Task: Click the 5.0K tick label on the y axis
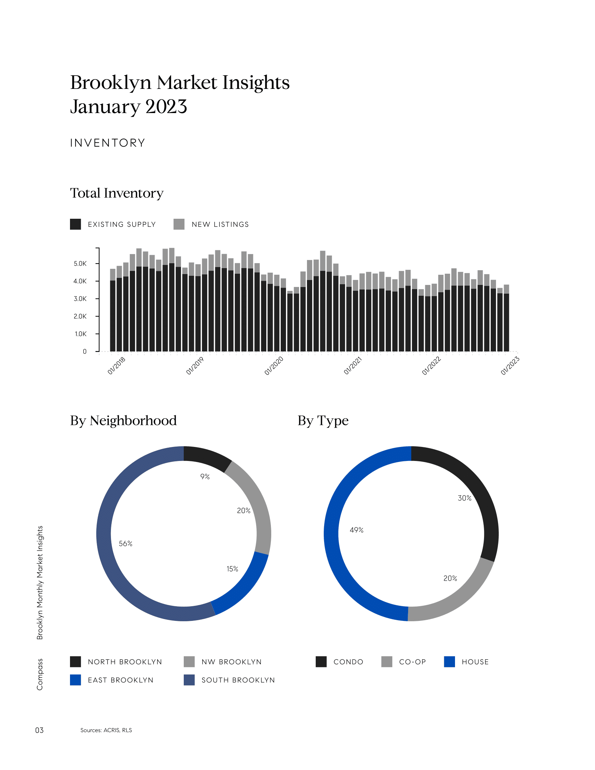[x=80, y=264]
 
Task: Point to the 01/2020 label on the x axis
[x=274, y=366]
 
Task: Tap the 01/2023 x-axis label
[x=510, y=366]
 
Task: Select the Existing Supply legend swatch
[x=76, y=224]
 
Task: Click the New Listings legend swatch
[x=179, y=224]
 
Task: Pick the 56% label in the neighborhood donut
[x=126, y=544]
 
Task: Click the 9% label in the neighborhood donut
[x=205, y=477]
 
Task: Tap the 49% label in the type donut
[x=356, y=530]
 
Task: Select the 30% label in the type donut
[x=464, y=498]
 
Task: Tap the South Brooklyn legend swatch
[x=189, y=680]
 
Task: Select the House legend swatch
[x=449, y=662]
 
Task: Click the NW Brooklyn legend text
[x=232, y=662]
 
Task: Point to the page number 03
[x=39, y=730]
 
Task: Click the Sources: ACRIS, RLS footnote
[x=106, y=730]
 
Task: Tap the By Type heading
[x=323, y=421]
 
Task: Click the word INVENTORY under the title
[x=107, y=143]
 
